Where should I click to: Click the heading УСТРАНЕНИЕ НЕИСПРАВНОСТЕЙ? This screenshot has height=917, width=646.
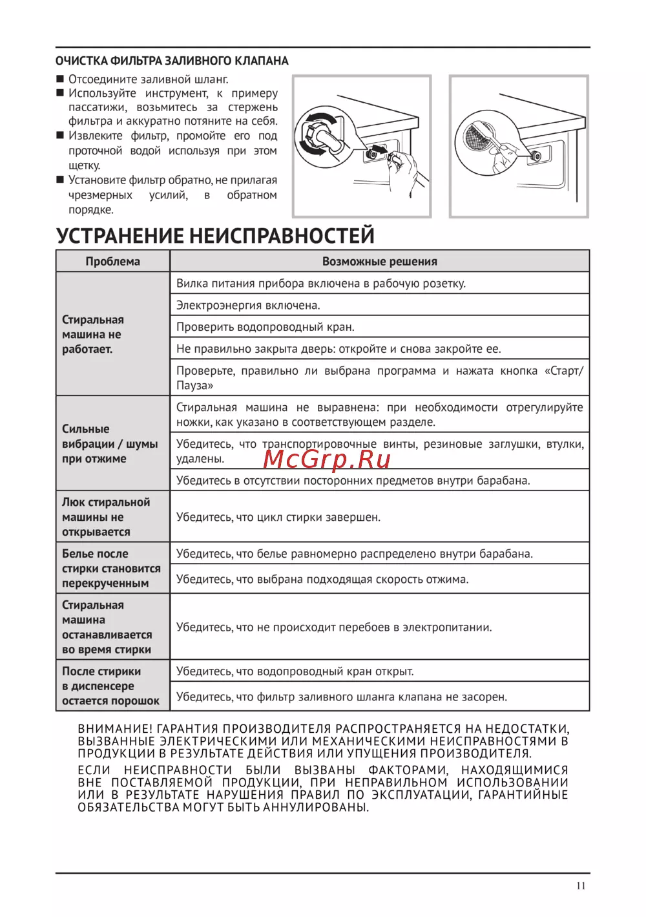tap(215, 235)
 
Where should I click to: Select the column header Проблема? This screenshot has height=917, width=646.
tap(113, 261)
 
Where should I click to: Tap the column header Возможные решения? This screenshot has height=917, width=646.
tap(379, 261)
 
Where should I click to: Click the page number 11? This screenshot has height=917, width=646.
tap(581, 885)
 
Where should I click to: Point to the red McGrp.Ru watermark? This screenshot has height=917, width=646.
tap(328, 459)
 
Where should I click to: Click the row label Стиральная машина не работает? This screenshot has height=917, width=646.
tap(92, 334)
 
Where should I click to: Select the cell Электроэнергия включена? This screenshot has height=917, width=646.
tap(248, 305)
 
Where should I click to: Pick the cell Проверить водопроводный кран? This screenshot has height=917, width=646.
tap(266, 327)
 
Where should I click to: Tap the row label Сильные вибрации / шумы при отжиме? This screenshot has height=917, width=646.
tap(109, 444)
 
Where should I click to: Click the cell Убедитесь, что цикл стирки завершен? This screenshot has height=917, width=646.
tap(278, 517)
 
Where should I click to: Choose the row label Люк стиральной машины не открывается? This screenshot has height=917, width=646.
tap(106, 517)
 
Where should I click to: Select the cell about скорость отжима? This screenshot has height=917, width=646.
tap(322, 579)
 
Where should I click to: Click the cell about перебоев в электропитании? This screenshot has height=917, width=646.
tap(334, 627)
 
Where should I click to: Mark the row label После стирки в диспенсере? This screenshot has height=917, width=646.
tap(110, 686)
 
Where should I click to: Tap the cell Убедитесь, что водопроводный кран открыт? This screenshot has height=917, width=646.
tap(295, 671)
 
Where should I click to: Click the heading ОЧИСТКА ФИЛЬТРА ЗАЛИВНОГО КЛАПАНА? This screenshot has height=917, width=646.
tap(172, 61)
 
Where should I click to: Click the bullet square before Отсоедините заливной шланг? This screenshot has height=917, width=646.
tap(60, 79)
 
